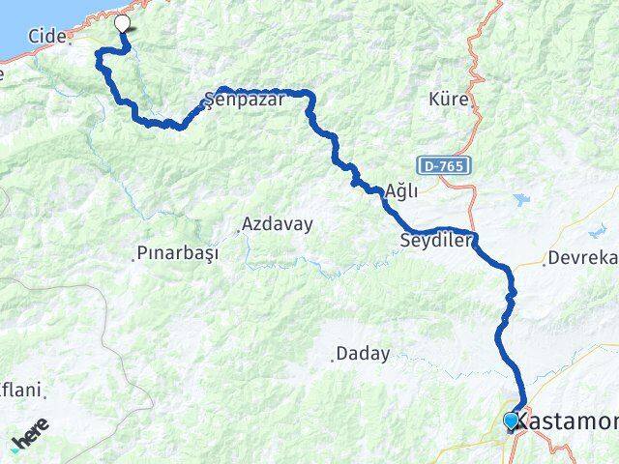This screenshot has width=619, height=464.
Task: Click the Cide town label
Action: (x=46, y=36)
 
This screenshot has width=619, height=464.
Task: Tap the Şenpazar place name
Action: (x=244, y=99)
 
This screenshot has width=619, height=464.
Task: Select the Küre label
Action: (x=450, y=99)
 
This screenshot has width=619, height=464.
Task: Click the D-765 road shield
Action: (x=444, y=166)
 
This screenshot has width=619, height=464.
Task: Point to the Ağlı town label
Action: (x=401, y=190)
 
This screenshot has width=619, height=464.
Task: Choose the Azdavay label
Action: (x=278, y=224)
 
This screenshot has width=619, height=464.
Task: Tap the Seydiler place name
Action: (x=435, y=241)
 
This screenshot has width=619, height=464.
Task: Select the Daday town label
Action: (x=364, y=354)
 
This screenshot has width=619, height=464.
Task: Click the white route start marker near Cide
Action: (x=123, y=24)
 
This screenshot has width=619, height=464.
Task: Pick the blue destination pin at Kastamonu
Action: (x=511, y=420)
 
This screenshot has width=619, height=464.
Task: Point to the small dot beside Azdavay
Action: (x=238, y=231)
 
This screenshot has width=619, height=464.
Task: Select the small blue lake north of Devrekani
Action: (x=523, y=200)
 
